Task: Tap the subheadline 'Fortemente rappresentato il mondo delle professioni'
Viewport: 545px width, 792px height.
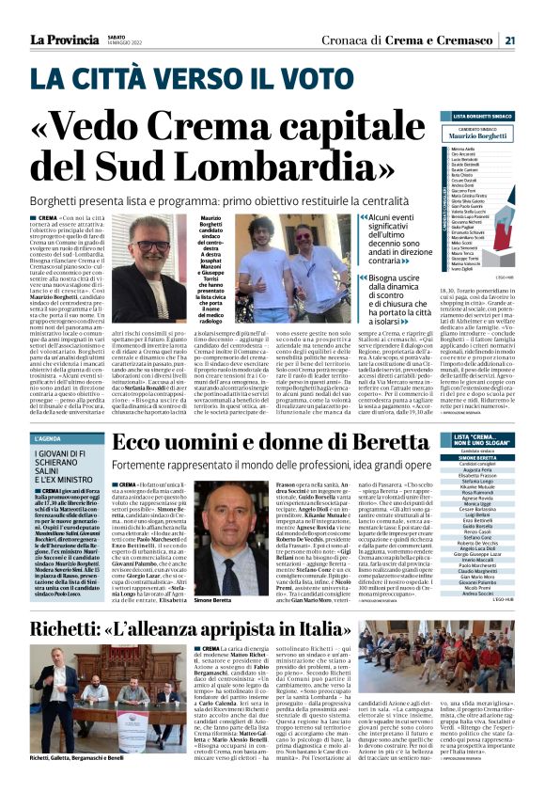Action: click(x=272, y=465)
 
